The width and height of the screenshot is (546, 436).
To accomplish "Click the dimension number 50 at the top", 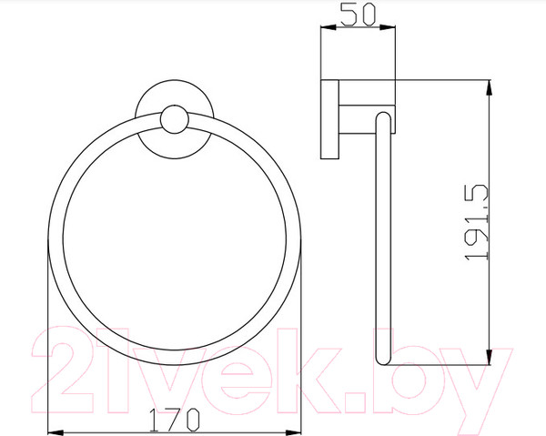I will pyautogui.click(x=356, y=15).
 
